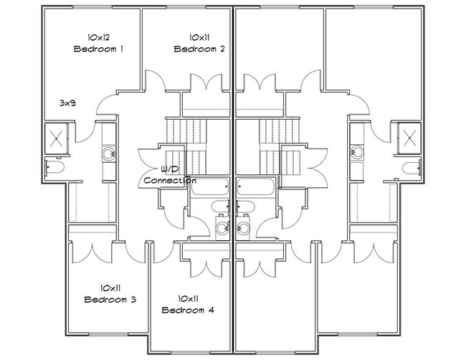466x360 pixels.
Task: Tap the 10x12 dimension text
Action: [99, 37]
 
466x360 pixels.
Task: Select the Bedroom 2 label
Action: [200, 49]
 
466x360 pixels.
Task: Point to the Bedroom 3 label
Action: [110, 299]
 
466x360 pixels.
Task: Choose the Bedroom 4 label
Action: [188, 310]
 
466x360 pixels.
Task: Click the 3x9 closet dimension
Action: [67, 103]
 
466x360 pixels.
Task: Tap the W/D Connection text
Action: [169, 176]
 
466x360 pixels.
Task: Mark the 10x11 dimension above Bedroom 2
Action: [200, 37]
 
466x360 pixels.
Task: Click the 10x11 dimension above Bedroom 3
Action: [110, 287]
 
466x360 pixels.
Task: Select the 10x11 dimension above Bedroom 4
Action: [188, 298]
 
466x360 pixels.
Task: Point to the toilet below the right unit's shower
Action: [411, 168]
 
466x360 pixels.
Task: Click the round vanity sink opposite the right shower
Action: [357, 152]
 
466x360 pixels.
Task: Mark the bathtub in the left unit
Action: [211, 188]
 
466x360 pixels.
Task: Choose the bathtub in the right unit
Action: [255, 188]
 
